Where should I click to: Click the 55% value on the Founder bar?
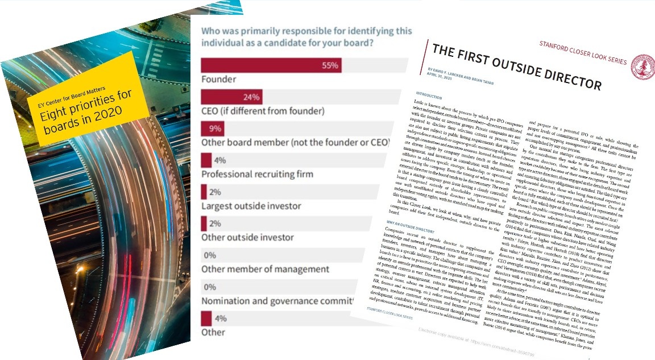point(330,65)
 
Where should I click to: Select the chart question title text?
point(306,37)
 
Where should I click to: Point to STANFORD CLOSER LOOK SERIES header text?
point(583,52)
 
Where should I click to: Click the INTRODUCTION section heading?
point(429,96)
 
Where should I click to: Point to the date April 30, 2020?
point(441,72)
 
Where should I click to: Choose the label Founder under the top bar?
point(219,79)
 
